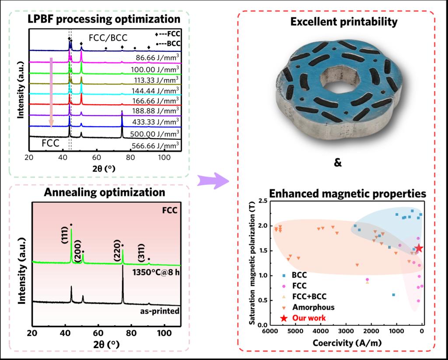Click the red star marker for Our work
pyautogui.click(x=419, y=248)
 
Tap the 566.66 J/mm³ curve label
pyautogui.click(x=156, y=145)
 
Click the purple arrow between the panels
pyautogui.click(x=213, y=180)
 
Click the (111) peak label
pyautogui.click(x=65, y=235)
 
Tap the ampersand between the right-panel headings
pyautogui.click(x=337, y=163)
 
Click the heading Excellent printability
pyautogui.click(x=344, y=22)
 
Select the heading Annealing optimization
pyautogui.click(x=104, y=192)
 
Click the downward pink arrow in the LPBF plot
pyautogui.click(x=51, y=92)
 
